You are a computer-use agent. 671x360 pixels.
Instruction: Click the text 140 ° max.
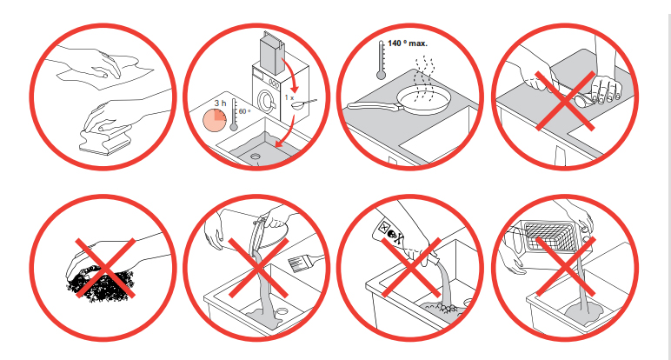coord(407,43)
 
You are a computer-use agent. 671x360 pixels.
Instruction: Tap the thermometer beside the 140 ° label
coord(381,60)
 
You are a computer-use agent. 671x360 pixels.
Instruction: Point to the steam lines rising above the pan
coord(422,78)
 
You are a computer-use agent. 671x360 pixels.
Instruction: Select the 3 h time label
coord(220,103)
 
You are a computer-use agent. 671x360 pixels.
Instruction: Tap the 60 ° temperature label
coord(244,111)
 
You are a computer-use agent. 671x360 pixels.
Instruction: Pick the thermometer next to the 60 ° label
coord(234,115)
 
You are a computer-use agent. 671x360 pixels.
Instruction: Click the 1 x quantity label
coord(289,97)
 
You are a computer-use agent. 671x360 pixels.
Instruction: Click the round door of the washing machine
coord(265,102)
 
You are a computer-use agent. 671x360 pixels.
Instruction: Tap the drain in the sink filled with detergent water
coord(256,157)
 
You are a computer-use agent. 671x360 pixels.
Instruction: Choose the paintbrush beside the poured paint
coord(306,261)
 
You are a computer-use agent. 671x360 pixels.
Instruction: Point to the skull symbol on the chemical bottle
coord(393,234)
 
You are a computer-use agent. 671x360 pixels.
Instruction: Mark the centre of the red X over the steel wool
coord(105,269)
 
